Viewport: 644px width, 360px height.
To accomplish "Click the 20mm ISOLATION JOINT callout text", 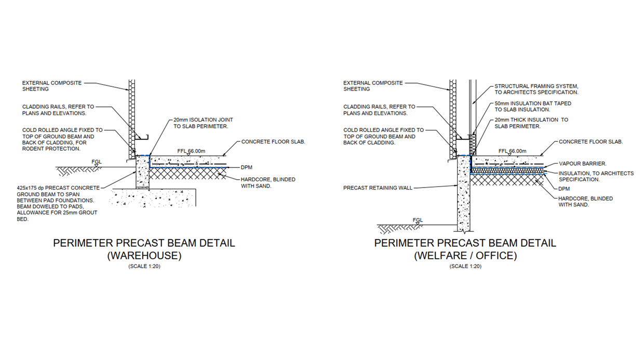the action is (203, 123).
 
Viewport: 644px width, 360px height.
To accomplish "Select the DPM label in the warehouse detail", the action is (246, 167).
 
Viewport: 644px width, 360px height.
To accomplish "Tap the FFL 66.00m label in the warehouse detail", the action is (191, 151).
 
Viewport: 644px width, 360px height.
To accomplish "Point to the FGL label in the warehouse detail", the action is (97, 162).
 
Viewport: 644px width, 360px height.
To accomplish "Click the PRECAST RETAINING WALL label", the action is (378, 188).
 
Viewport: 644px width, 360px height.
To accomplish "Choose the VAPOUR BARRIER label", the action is (583, 164).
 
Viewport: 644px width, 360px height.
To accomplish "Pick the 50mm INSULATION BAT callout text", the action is (533, 106).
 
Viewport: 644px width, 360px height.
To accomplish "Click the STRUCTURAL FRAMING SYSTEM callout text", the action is (536, 89).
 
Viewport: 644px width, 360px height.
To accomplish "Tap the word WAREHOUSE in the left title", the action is (144, 256).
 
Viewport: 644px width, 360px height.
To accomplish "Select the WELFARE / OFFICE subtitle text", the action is (465, 256).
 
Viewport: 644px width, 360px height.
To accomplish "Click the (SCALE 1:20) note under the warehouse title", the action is (144, 266).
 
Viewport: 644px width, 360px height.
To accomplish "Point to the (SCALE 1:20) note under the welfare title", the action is (465, 266).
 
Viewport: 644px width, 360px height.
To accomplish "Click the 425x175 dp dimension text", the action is (30, 188).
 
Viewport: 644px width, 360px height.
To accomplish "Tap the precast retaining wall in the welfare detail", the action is (463, 193).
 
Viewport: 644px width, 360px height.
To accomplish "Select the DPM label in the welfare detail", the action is (564, 189).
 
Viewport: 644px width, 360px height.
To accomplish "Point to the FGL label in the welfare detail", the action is (418, 220).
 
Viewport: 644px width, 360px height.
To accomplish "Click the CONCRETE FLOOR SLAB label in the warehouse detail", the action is (273, 142).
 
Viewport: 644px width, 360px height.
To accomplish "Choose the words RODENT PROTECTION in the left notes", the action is (51, 149).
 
